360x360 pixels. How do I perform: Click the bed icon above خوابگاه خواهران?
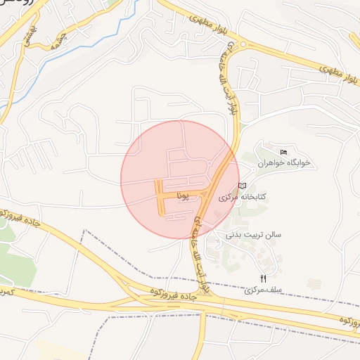pyautogui.click(x=284, y=152)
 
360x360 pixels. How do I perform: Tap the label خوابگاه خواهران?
pyautogui.click(x=283, y=162)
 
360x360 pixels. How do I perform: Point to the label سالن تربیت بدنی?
pyautogui.click(x=253, y=234)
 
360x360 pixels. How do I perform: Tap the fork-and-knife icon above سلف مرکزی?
pyautogui.click(x=264, y=278)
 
